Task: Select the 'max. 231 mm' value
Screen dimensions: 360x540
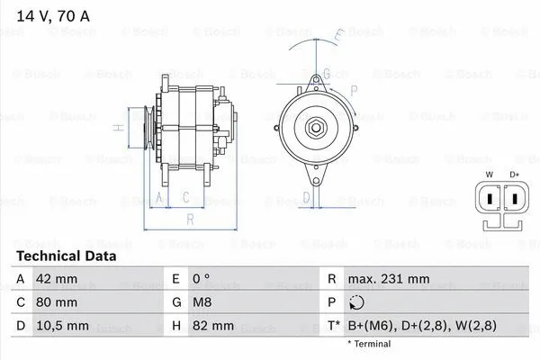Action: [389, 279]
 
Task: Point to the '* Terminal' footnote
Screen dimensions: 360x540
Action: [370, 344]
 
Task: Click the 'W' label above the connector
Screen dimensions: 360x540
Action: [489, 174]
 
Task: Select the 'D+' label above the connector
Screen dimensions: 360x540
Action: [515, 174]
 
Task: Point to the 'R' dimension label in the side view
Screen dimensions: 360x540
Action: [190, 218]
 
